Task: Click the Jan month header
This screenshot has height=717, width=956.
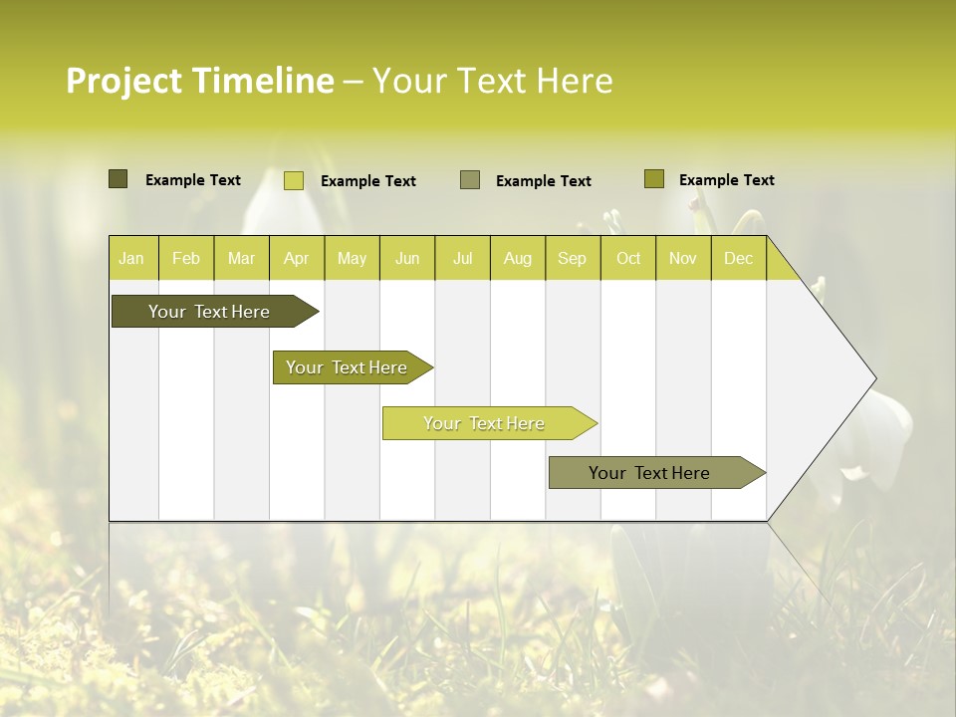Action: click(132, 258)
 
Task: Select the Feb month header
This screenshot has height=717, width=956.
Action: click(186, 258)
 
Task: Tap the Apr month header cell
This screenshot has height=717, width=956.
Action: click(297, 258)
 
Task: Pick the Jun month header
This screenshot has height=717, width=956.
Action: click(407, 258)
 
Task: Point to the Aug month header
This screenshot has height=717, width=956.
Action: click(518, 258)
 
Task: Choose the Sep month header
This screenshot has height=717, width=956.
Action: click(573, 258)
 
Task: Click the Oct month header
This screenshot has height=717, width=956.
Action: click(628, 258)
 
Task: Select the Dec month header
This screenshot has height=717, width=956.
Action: click(739, 258)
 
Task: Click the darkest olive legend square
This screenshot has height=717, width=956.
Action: click(118, 179)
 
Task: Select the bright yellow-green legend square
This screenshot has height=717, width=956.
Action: click(293, 180)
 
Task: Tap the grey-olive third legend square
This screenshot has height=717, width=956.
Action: click(470, 180)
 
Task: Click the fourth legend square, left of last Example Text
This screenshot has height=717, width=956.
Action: click(653, 179)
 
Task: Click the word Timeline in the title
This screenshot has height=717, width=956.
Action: click(262, 81)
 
